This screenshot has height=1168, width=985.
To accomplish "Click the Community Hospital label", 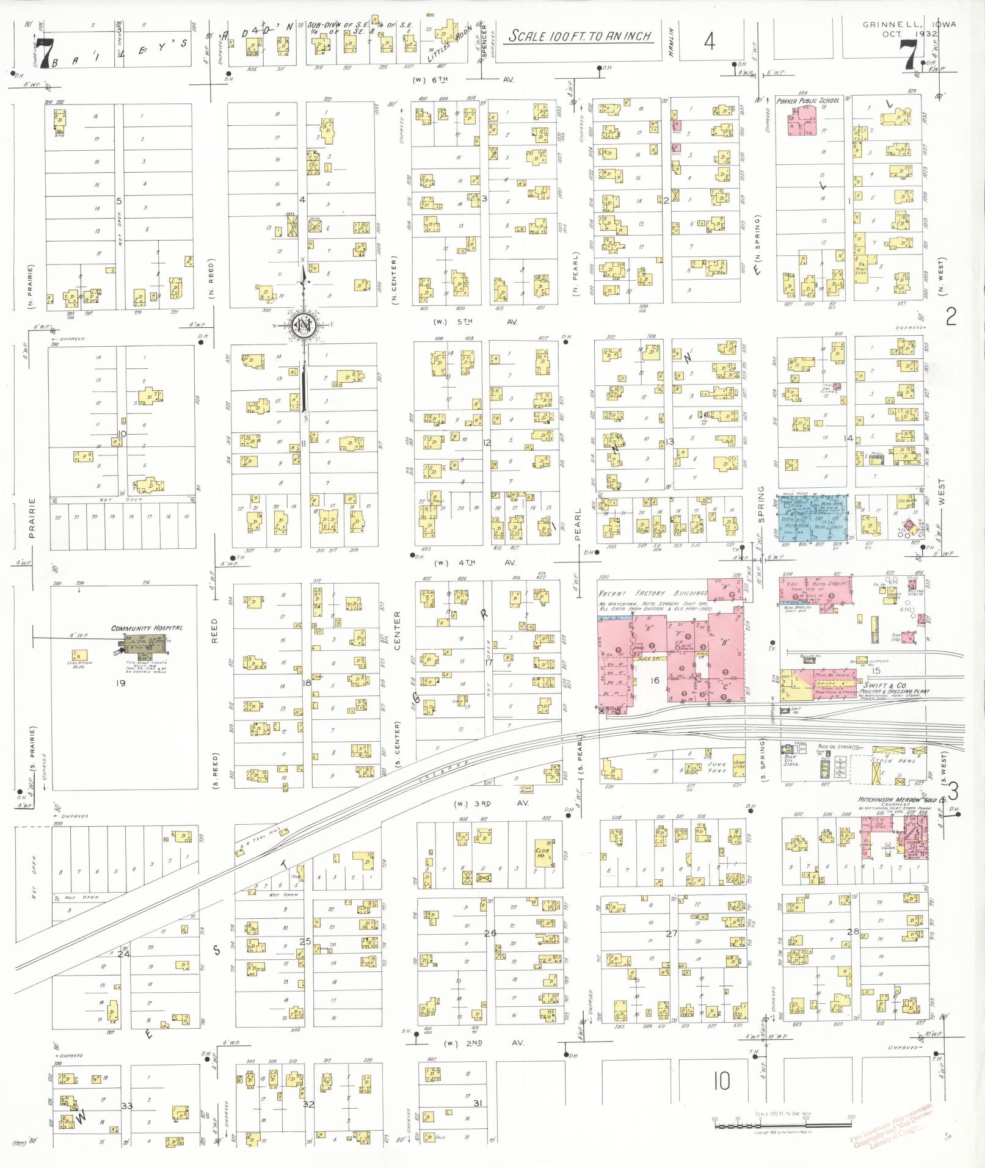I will coord(147,628).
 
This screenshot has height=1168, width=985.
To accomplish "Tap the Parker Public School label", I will coord(807,101).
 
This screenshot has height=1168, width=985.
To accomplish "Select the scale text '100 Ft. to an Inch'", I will coord(580,36).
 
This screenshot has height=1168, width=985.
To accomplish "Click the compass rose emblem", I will coord(302,324).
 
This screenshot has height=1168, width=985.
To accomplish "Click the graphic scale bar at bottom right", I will coord(783,1122).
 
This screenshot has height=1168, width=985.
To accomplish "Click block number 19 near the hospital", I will coord(120,683).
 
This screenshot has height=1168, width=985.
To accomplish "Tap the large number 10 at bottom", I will coord(722,1081).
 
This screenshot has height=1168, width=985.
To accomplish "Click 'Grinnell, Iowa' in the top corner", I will coord(909,25).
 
